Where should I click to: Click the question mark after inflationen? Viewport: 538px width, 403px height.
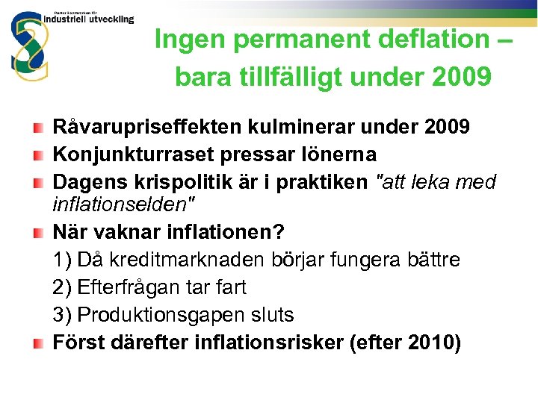pyautogui.click(x=279, y=232)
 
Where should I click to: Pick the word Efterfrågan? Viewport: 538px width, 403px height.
pyautogui.click(x=134, y=287)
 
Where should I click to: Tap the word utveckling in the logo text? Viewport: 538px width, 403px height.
pyautogui.click(x=111, y=19)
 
